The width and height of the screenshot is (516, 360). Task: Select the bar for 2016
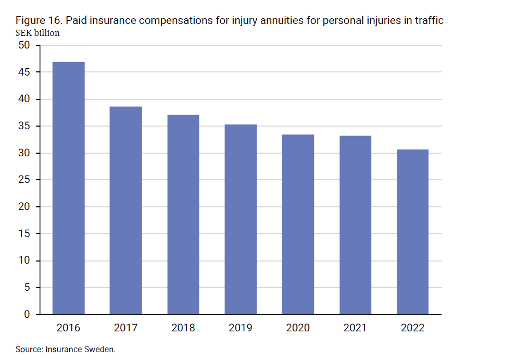click(68, 188)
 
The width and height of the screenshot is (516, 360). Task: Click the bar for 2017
click(125, 210)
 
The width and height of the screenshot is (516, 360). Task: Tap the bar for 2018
click(183, 215)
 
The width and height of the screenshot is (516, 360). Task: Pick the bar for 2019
click(241, 219)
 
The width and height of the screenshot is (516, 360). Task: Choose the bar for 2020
click(298, 225)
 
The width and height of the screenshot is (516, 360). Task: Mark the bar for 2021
click(356, 225)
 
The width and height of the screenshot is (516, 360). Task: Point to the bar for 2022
click(413, 232)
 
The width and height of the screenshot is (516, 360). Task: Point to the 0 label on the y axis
click(28, 315)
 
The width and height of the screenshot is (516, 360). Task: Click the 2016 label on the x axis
click(68, 328)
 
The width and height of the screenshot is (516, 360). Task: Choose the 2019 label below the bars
click(241, 328)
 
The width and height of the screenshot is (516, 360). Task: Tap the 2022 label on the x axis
click(413, 328)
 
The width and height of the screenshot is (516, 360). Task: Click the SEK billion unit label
click(37, 33)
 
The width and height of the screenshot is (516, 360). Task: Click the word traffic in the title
click(429, 21)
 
